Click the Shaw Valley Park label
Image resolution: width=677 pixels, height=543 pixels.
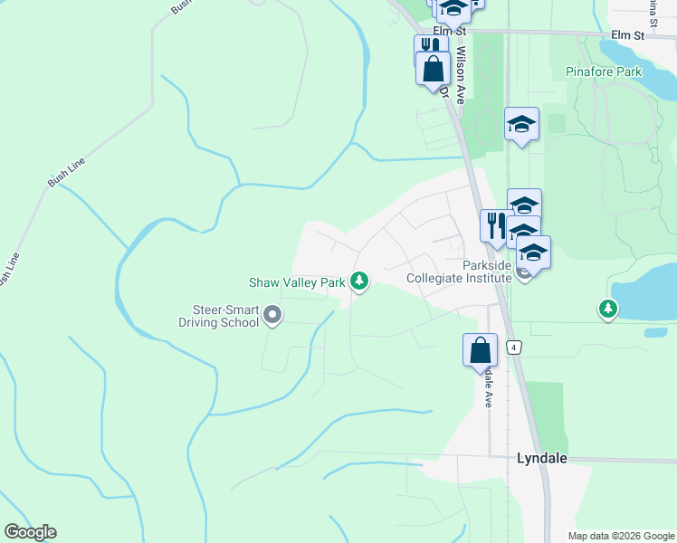[x=298, y=282]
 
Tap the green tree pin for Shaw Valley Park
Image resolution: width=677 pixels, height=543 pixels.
[x=360, y=281]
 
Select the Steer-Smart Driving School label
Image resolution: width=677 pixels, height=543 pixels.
[x=218, y=316]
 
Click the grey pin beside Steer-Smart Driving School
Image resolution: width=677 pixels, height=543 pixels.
[x=272, y=315]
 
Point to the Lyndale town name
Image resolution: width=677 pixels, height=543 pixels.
[x=541, y=458]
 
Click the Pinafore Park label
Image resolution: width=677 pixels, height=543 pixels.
[x=603, y=71]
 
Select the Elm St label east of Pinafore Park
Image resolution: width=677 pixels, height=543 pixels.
[x=626, y=35]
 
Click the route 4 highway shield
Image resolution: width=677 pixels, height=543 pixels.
[x=514, y=347]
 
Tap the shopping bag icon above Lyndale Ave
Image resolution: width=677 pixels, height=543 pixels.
[x=480, y=350]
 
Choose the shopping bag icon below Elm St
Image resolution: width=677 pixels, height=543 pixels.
[x=433, y=69]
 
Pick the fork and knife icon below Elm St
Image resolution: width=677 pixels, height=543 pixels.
[x=430, y=47]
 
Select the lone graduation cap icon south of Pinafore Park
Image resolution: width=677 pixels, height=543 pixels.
[x=521, y=123]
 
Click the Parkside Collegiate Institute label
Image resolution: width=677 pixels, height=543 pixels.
[x=460, y=272]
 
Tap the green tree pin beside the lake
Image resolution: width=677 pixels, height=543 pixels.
[x=608, y=310]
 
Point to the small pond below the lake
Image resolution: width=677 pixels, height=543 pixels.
[x=655, y=332]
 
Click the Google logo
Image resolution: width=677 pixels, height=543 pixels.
[x=30, y=532]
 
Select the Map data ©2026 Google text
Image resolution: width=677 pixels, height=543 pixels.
[x=622, y=536]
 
